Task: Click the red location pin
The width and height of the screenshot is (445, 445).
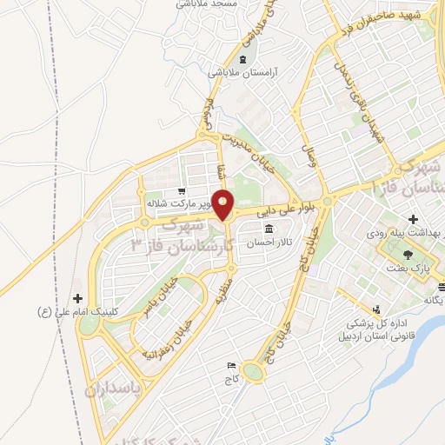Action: pos(224,203)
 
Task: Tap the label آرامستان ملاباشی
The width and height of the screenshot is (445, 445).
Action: pos(241,73)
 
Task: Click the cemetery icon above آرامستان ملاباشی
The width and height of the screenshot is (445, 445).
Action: pos(241,59)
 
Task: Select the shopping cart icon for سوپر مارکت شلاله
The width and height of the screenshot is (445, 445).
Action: pos(180,191)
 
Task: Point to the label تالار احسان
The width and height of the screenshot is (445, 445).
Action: pos(266,243)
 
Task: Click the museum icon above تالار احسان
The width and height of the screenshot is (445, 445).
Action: pos(266,229)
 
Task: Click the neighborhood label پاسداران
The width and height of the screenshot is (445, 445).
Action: pos(113,388)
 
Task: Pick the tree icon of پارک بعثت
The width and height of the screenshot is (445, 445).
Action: pos(408,253)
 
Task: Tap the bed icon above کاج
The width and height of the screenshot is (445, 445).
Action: pos(231,366)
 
